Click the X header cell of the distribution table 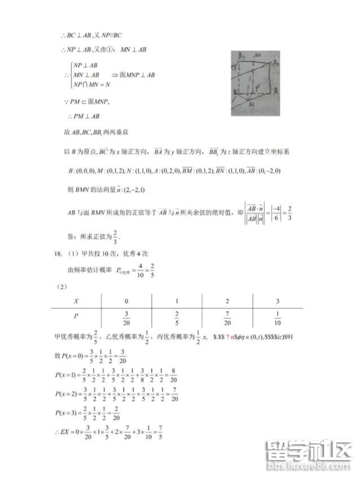tap(76, 302)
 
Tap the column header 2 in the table tap(226, 302)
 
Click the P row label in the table tap(76, 317)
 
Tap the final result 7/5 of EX tap(162, 435)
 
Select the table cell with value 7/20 tap(226, 320)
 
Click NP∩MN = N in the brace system tap(91, 85)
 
